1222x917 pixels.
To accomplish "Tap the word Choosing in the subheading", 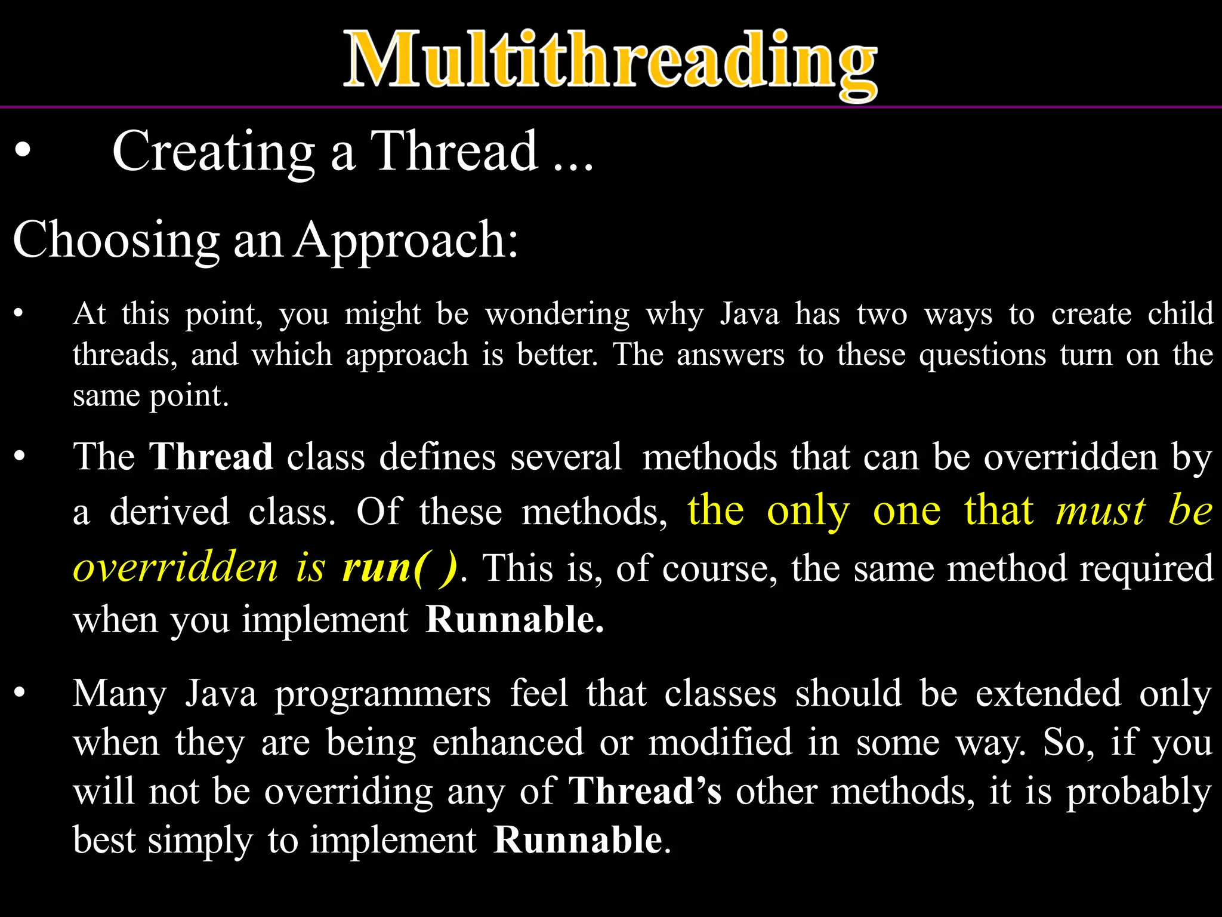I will (116, 240).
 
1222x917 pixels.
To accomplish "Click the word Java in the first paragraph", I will (749, 314).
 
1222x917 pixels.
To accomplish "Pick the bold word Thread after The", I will (211, 457).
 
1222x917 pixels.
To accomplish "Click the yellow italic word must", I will (1100, 512).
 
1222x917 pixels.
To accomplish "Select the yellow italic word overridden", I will (175, 567).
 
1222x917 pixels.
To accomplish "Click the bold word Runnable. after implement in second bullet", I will (514, 620).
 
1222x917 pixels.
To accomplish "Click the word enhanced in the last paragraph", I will (508, 743).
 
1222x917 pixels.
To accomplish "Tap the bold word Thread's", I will (645, 792).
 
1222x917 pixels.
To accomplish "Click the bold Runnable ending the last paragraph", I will (578, 841).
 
